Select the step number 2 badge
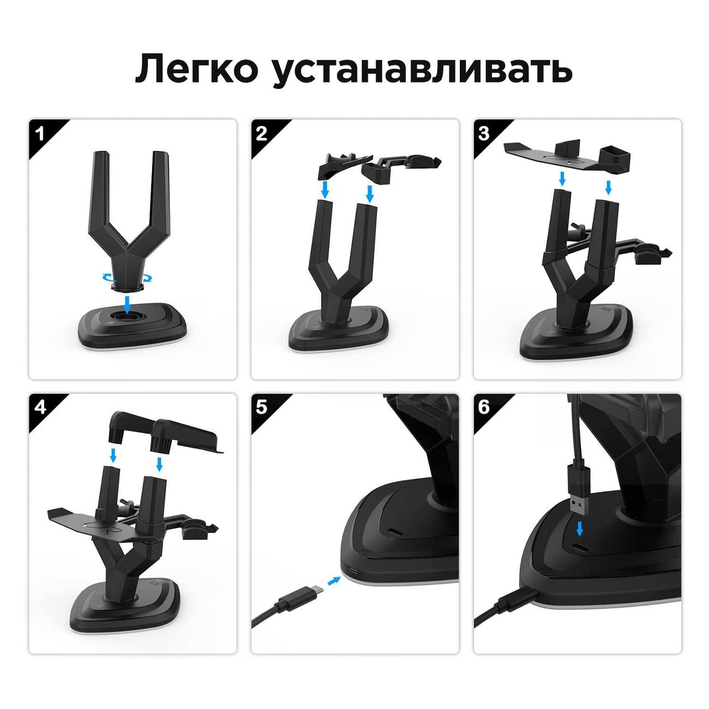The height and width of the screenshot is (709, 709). [262, 134]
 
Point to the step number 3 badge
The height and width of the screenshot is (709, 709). [484, 134]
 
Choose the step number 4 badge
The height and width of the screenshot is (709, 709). [40, 407]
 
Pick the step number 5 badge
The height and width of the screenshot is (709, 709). [262, 407]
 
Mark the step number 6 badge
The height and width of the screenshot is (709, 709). [484, 407]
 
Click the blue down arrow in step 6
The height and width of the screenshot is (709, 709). [580, 539]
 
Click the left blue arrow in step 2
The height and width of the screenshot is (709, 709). [325, 189]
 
